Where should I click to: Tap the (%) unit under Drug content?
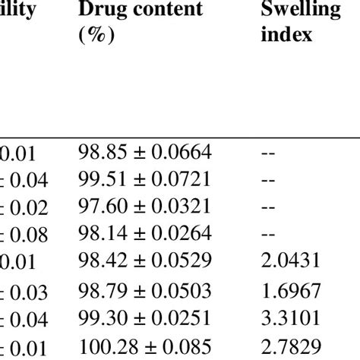tap(94, 36)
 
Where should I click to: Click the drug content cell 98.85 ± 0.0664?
tap(144, 155)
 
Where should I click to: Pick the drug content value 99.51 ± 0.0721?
tap(144, 181)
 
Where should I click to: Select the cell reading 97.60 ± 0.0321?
tap(144, 207)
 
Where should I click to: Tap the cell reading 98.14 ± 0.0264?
tap(144, 232)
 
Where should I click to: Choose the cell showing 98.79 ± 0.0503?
tap(144, 290)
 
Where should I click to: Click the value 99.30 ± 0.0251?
tap(144, 317)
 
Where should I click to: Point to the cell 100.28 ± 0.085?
tap(144, 346)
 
